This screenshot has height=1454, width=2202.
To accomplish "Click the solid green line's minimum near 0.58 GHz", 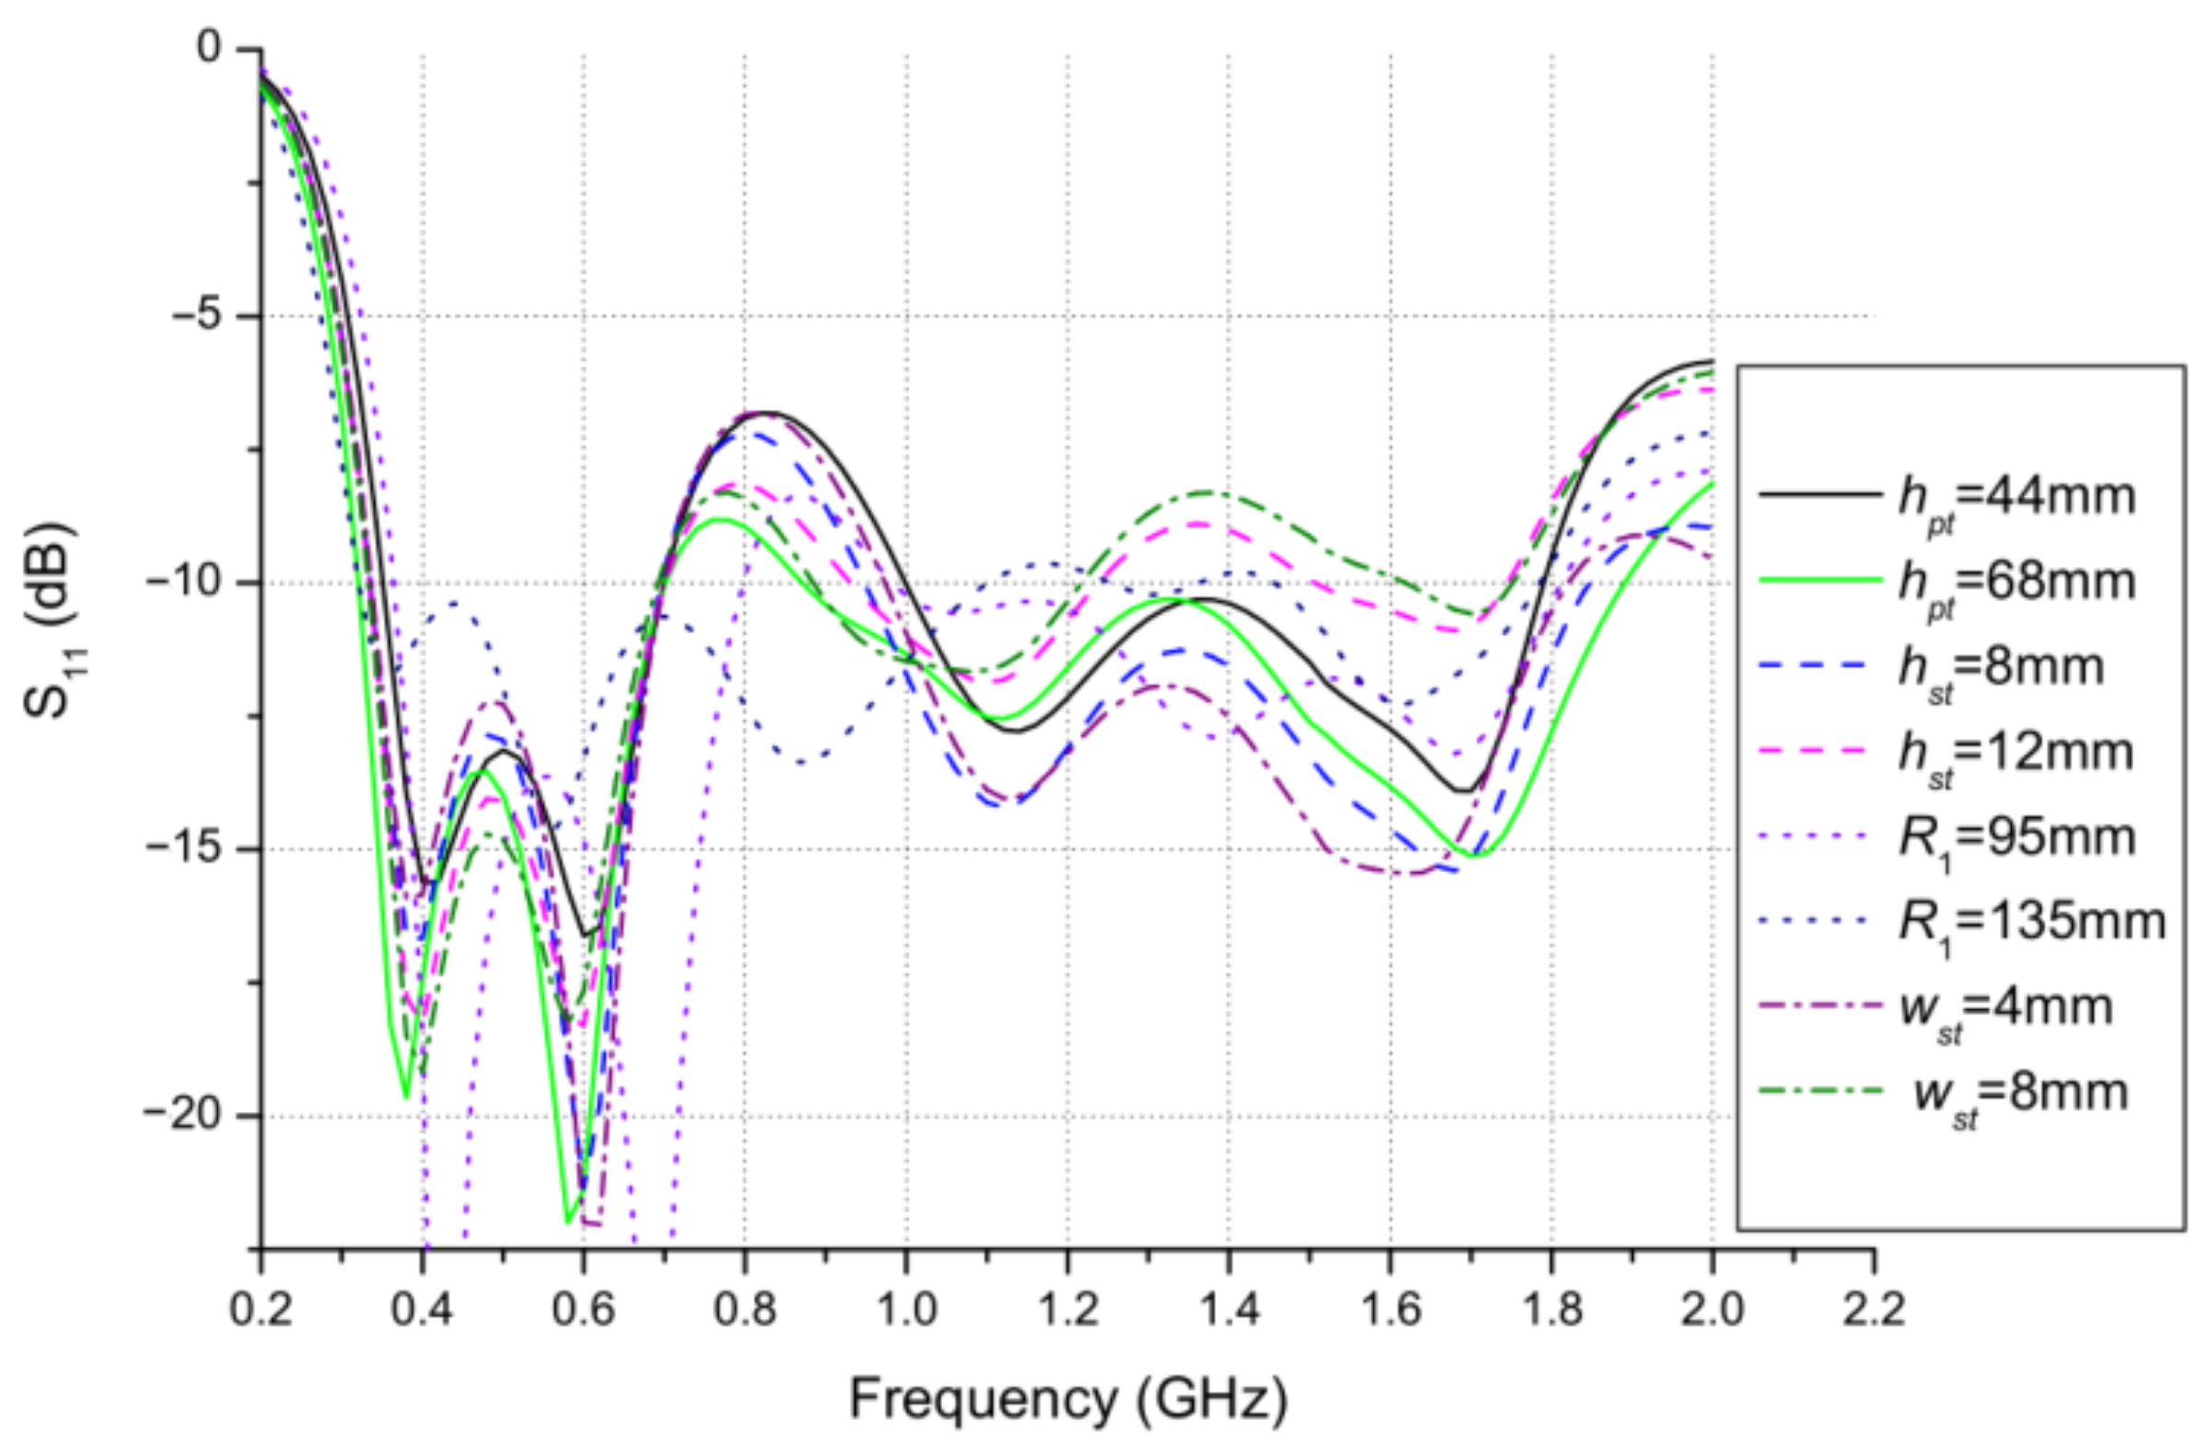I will [x=567, y=1222].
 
